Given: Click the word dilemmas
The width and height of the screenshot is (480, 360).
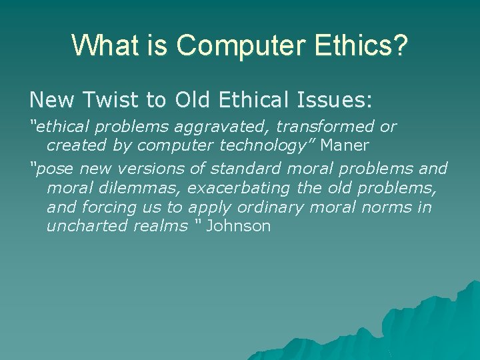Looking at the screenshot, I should (x=137, y=189).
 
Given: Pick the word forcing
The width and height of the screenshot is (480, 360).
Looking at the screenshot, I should (x=110, y=207).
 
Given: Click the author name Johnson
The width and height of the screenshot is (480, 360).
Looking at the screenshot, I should (x=238, y=226).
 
